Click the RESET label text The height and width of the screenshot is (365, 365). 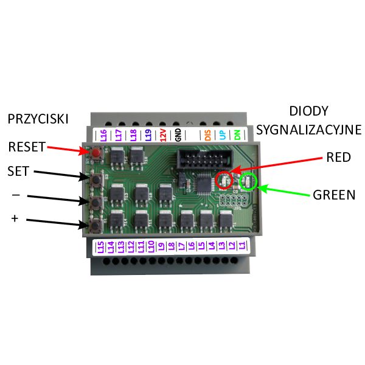click(27, 147)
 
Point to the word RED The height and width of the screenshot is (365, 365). click(338, 158)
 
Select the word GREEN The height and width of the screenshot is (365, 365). click(334, 196)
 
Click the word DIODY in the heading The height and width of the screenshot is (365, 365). click(308, 111)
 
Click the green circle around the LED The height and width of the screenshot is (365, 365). click(248, 181)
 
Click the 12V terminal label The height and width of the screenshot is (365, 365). click(163, 134)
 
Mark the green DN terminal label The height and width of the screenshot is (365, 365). click(237, 134)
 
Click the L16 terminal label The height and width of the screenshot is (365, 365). click(103, 134)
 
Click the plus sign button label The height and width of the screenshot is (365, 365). click(15, 218)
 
